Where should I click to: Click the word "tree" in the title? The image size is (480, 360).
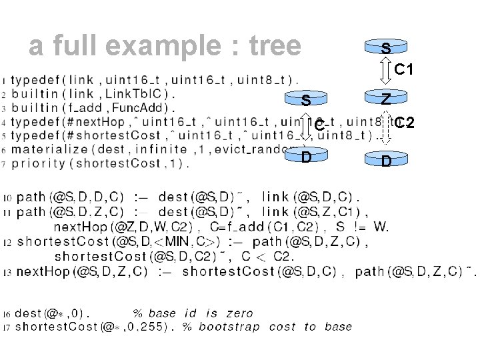click(275, 45)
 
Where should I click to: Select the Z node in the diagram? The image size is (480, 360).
click(386, 99)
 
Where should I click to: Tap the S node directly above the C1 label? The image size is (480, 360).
click(386, 48)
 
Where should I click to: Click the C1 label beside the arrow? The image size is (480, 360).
click(406, 69)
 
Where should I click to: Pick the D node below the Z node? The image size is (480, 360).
click(386, 161)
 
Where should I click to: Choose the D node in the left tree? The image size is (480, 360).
click(305, 158)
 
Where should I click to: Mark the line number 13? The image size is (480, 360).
click(7, 272)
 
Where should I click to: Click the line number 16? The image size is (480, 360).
click(7, 313)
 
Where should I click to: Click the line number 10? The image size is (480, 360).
click(7, 198)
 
